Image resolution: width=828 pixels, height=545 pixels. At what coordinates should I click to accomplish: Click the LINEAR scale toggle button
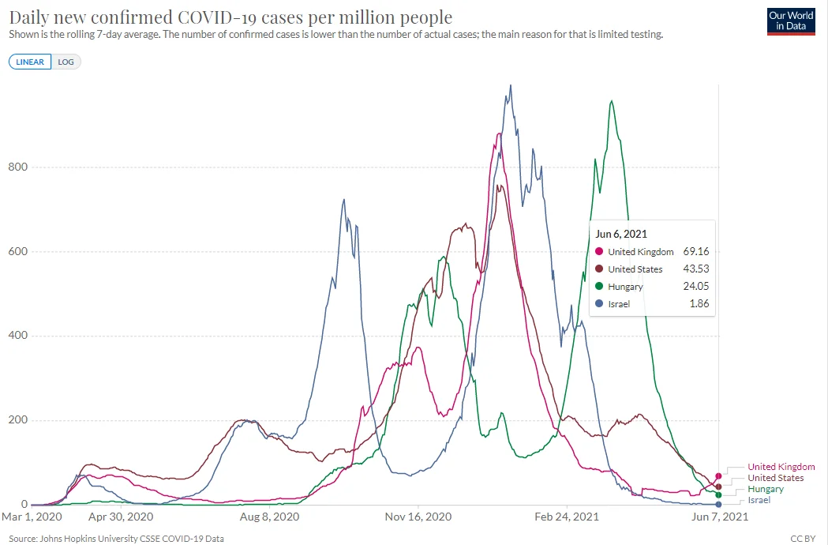(x=30, y=62)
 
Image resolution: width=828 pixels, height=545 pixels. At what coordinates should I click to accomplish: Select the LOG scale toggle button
(x=66, y=62)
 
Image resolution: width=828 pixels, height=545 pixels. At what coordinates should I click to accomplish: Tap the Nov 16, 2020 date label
(x=418, y=517)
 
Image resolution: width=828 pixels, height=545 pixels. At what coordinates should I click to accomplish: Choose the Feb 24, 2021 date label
(x=567, y=517)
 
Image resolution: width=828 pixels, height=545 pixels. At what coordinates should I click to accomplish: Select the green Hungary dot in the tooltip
(x=600, y=287)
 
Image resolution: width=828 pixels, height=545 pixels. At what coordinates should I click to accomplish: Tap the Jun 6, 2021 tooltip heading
(x=621, y=233)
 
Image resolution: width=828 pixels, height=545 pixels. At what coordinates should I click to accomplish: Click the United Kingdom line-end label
(x=781, y=467)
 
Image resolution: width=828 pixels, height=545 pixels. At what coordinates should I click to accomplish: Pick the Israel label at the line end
(x=760, y=500)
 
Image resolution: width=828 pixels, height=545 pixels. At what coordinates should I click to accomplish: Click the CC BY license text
(x=803, y=539)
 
